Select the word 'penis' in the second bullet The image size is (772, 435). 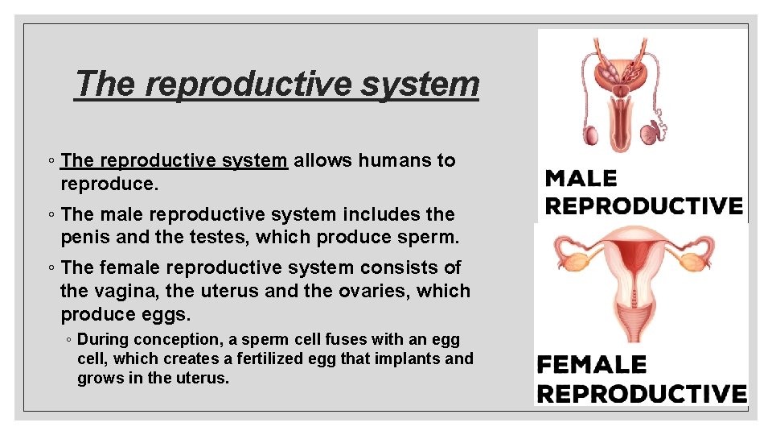click(84, 238)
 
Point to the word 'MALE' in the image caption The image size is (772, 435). click(581, 178)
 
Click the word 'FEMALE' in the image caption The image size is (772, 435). click(592, 365)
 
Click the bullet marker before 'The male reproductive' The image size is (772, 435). click(51, 215)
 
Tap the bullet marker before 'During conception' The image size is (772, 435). click(69, 340)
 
